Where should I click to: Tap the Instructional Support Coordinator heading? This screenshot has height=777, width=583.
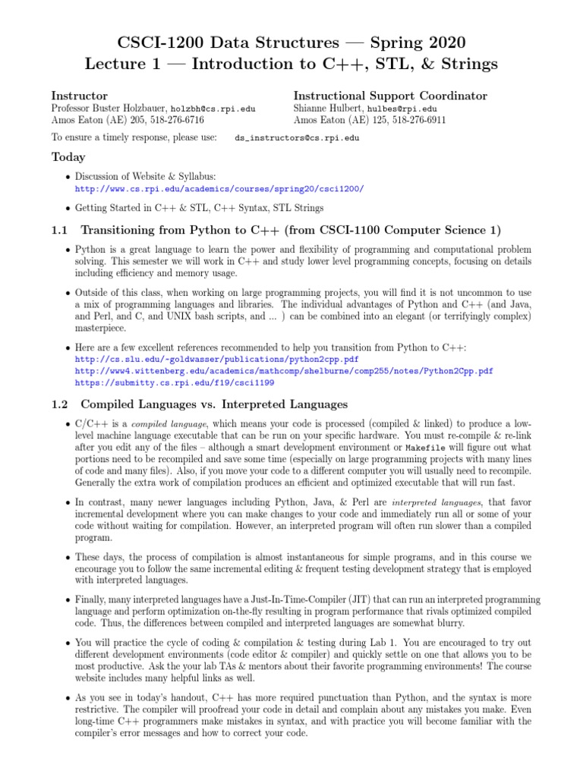[x=390, y=96]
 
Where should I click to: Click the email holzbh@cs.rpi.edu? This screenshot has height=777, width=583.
[x=213, y=109]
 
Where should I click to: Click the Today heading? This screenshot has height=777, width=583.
[x=68, y=158]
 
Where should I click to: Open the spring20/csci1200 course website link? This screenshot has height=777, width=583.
[x=219, y=189]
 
